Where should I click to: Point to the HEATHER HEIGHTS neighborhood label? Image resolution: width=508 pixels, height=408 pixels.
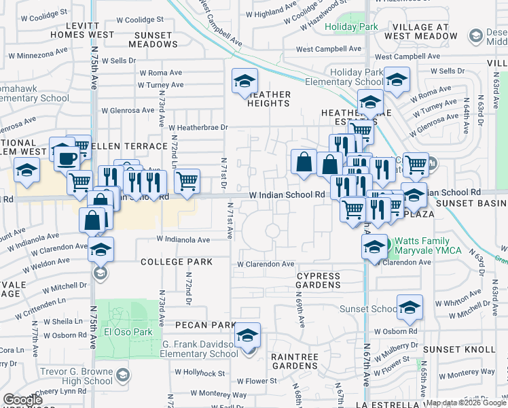269,99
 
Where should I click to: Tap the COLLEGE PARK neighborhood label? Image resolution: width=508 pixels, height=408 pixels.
177,262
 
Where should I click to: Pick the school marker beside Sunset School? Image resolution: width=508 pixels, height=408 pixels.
410,308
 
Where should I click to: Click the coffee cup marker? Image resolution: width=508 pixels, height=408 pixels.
67,158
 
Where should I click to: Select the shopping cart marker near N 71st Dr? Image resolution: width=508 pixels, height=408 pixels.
187,182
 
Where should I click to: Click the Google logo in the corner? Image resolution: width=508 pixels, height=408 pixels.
22,400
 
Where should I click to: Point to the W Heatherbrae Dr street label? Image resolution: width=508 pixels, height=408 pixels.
198,127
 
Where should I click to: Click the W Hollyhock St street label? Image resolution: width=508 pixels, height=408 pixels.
199,373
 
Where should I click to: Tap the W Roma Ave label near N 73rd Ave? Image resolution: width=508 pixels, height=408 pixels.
161,73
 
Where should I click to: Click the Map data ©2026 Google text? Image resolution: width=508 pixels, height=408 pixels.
466,403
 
